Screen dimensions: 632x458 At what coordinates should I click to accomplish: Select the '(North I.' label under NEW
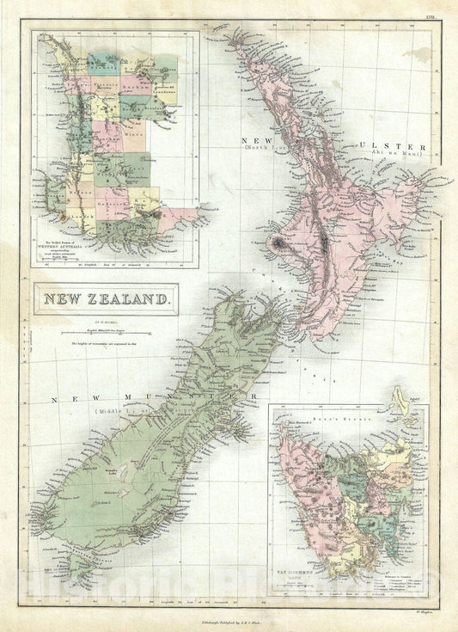click(x=266, y=148)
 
